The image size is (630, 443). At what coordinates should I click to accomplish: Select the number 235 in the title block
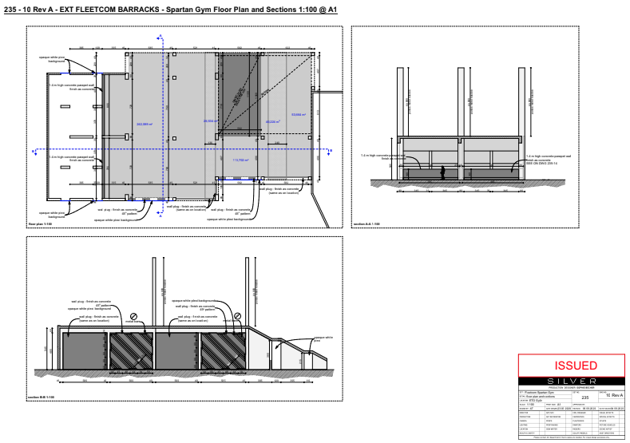584,396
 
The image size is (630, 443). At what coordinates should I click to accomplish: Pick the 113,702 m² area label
240,160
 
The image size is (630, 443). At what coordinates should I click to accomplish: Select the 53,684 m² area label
299,115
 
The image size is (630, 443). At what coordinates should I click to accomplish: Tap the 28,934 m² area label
211,121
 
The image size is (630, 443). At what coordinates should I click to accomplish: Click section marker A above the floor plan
160,37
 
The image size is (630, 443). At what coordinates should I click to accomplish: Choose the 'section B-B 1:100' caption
41,397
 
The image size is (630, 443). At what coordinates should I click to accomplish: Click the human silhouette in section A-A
441,172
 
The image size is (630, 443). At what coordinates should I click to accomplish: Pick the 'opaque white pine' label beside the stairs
323,338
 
